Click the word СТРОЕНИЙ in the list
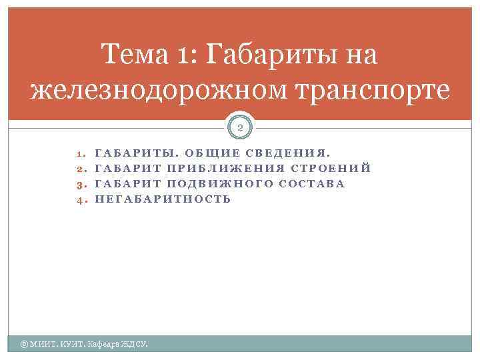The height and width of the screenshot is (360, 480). point(331,168)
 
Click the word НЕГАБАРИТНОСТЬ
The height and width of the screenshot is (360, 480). point(163,199)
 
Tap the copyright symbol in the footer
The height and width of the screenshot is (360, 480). point(24,344)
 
